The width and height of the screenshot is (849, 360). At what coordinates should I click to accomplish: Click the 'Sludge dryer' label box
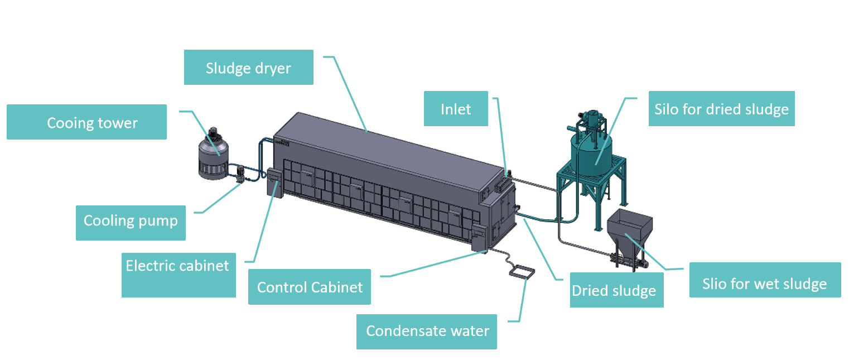(248, 68)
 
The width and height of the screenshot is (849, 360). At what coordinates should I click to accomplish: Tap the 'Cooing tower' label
(86, 122)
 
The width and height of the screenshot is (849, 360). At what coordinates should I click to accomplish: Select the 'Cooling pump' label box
(131, 221)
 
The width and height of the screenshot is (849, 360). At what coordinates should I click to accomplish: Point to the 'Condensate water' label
(427, 332)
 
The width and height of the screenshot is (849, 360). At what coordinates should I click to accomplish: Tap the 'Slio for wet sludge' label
(764, 284)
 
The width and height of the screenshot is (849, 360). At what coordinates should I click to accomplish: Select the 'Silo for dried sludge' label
(721, 109)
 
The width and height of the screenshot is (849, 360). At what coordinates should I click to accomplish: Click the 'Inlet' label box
(456, 109)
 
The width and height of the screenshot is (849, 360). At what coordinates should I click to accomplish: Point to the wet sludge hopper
(629, 229)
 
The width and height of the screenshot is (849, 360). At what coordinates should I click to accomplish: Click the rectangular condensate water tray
(521, 272)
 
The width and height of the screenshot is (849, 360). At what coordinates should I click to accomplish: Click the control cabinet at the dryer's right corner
(479, 237)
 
